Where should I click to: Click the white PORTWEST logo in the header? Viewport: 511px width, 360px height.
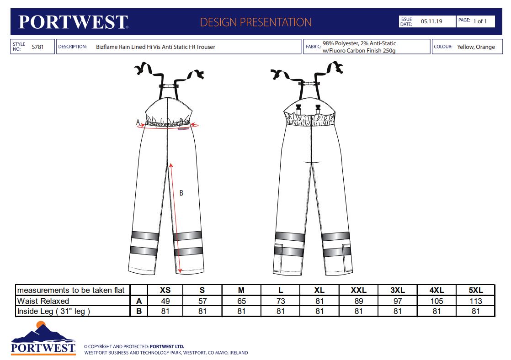pos(73,22)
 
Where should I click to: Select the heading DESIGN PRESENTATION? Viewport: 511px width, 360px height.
pos(256,22)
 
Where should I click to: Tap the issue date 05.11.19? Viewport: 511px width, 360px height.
pos(431,21)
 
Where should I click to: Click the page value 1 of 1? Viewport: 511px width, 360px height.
pos(480,21)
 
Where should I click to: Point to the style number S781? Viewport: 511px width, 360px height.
pos(37,47)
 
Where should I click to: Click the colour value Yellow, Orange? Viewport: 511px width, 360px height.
pos(476,47)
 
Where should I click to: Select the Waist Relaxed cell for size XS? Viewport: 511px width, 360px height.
pos(165,301)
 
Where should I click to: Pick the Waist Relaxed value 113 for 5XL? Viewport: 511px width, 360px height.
pos(476,301)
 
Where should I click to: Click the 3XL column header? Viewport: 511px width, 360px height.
pos(398,290)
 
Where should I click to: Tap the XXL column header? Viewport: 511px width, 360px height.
pos(358,290)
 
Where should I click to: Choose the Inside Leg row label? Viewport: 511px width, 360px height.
pos(53,312)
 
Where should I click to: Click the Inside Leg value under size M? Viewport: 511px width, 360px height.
pos(241,312)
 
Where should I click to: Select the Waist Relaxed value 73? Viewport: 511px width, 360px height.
pos(281,301)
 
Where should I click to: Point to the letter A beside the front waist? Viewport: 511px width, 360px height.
pos(138,122)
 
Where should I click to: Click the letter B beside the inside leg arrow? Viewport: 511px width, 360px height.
pos(181,193)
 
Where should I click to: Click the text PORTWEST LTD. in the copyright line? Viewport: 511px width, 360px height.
pos(167,347)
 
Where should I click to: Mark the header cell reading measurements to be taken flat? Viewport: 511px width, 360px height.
pos(71,290)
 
